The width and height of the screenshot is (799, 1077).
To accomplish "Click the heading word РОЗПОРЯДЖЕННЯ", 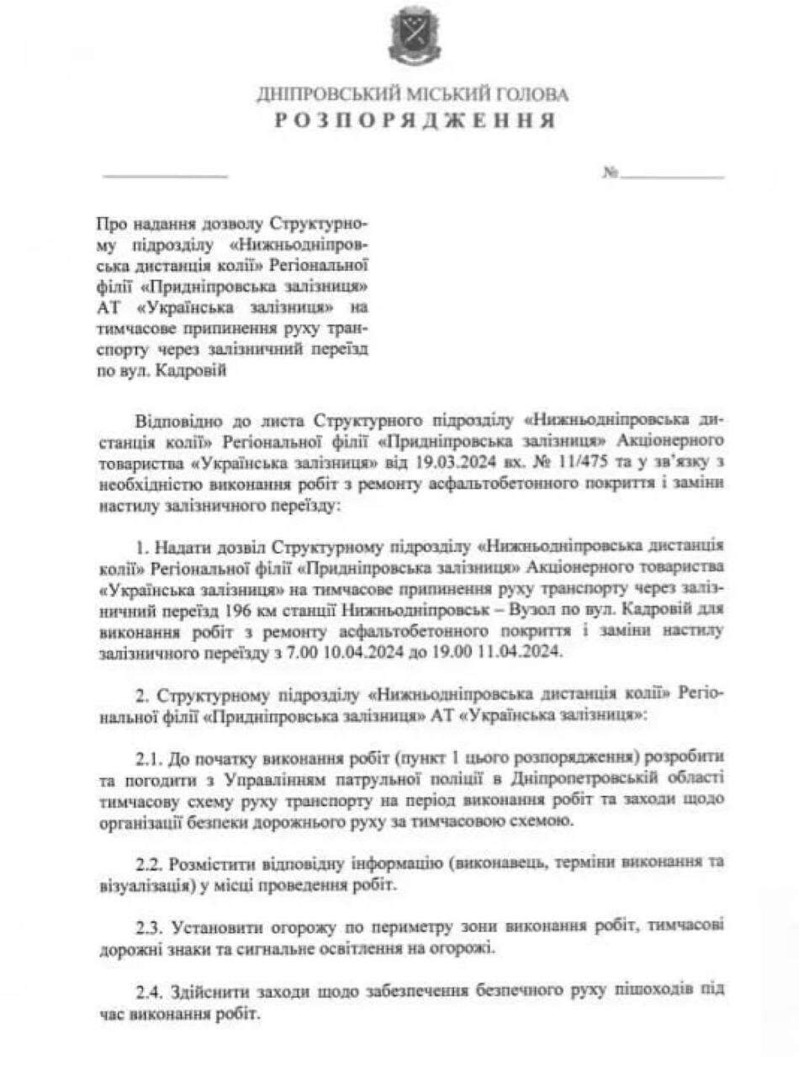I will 414,121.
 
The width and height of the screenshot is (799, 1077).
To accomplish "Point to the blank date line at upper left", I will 164,175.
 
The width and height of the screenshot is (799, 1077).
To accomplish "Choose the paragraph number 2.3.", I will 150,928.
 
